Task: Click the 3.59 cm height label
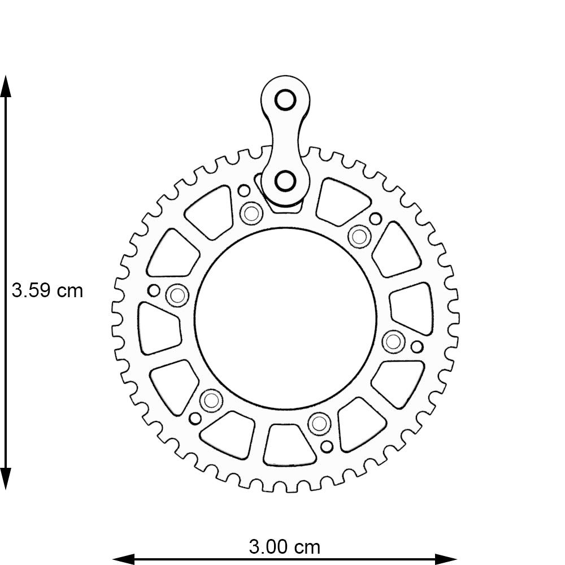click(x=47, y=290)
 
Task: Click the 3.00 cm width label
click(x=285, y=547)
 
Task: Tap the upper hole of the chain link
click(x=285, y=100)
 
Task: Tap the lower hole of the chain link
click(x=285, y=181)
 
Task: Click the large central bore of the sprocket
click(x=285, y=319)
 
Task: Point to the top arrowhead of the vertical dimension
click(x=6, y=86)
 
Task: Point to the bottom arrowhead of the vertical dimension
click(x=6, y=479)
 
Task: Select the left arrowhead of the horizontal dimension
click(x=123, y=559)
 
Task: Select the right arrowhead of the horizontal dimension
click(x=446, y=559)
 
